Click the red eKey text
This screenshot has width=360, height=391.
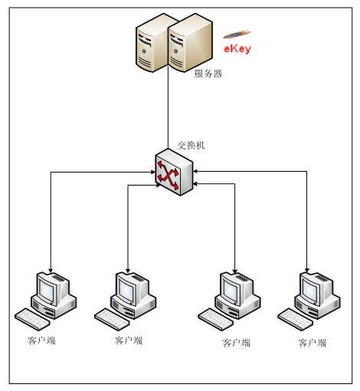coord(237,48)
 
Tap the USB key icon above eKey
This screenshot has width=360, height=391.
coord(237,34)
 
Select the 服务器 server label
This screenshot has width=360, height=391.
coord(208,74)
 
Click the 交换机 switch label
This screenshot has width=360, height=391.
coord(191,145)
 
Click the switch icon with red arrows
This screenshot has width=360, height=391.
coord(174,172)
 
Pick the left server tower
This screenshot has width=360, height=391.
coord(152,44)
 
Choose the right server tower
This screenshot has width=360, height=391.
coord(190,43)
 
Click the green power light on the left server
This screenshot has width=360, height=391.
coord(144,51)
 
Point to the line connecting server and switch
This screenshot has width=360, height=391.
coord(168,107)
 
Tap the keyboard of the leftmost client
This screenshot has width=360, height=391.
coord(32,319)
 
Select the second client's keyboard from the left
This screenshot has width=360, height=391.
coord(112,319)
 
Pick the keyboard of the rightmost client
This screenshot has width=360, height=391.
coord(296,319)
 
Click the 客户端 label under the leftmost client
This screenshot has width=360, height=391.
coord(41,340)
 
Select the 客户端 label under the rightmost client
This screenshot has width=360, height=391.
coord(313,343)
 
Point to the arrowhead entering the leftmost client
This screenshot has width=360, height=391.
coord(51,271)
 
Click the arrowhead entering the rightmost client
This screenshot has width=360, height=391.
coord(307,271)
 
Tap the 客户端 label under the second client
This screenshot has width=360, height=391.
coord(129,340)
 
